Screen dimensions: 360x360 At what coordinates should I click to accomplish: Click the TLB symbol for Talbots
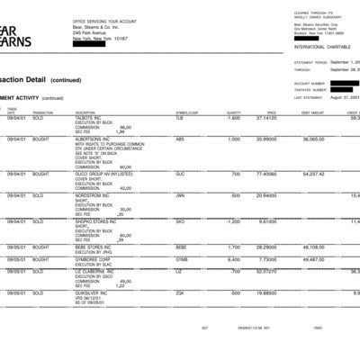coord(178,118)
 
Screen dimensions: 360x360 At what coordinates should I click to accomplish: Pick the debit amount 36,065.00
coord(313,139)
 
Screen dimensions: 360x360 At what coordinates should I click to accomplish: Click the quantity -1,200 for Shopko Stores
coord(232,221)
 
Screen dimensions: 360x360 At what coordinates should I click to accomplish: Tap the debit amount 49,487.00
coord(313,258)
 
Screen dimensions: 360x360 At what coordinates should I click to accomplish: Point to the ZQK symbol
coord(179,292)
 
